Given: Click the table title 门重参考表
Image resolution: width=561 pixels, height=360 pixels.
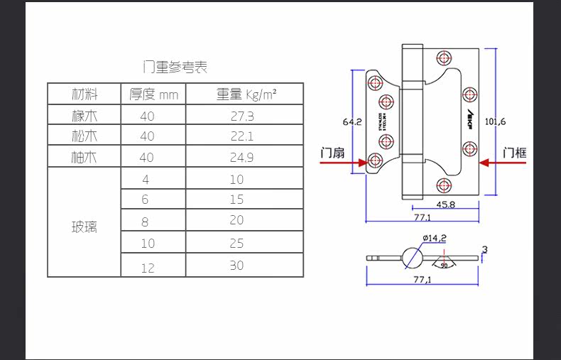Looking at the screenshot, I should coord(175,68).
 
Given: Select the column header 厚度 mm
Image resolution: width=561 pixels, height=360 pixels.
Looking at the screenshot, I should coord(153,94).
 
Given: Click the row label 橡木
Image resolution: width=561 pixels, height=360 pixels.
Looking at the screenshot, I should coord(85,116).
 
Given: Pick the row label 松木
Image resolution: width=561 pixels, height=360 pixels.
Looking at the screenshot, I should coord(85,136).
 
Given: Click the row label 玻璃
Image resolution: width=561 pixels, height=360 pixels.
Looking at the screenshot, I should coord(85,228).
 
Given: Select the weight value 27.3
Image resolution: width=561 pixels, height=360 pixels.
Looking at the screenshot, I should coord(242,116).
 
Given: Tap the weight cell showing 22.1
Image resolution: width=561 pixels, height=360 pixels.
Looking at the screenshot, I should coord(242,136).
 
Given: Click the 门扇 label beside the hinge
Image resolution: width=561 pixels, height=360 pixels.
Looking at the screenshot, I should coord(332,152).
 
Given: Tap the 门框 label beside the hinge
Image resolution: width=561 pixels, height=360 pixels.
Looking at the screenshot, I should coord(514,152).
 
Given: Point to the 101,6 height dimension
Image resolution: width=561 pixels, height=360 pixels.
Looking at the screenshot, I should coord(495,121).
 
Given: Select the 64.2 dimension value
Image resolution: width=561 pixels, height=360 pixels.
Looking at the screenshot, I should coord(352,121).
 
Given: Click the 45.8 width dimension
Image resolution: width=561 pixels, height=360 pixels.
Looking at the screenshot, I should coord(446,204).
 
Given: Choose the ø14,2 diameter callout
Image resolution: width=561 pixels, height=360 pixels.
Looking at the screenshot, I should coord(433,238).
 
